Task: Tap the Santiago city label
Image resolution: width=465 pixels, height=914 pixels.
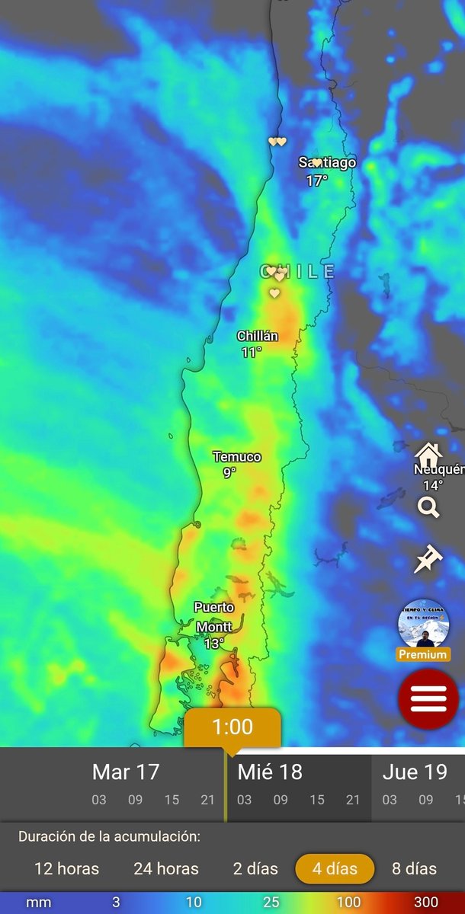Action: (327, 162)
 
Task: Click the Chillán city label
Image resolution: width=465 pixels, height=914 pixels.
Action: (258, 336)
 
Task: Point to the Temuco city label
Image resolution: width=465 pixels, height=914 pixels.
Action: (236, 457)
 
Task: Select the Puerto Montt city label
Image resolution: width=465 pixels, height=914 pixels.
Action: (214, 617)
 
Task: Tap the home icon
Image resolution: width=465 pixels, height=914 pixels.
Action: (428, 456)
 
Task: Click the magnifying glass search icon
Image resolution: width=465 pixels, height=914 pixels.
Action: (428, 507)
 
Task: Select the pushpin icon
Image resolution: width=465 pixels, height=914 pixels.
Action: (428, 559)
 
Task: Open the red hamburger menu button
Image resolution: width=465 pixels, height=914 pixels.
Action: (428, 698)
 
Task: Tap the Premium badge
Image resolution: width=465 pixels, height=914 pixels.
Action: (423, 654)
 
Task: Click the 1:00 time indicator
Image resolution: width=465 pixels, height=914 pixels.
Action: (232, 727)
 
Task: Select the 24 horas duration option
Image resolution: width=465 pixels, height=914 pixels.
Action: (166, 868)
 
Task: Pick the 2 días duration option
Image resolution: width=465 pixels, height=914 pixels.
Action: (255, 868)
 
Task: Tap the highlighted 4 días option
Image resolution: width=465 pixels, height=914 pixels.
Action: (335, 868)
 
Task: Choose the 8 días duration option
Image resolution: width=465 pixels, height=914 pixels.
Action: (415, 868)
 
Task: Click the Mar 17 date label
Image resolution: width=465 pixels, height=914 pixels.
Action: (126, 772)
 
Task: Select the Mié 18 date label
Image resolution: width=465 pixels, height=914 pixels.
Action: (270, 772)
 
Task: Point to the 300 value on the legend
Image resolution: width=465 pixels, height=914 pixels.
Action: (426, 903)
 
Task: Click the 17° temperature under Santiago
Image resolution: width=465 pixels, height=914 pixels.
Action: (317, 181)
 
